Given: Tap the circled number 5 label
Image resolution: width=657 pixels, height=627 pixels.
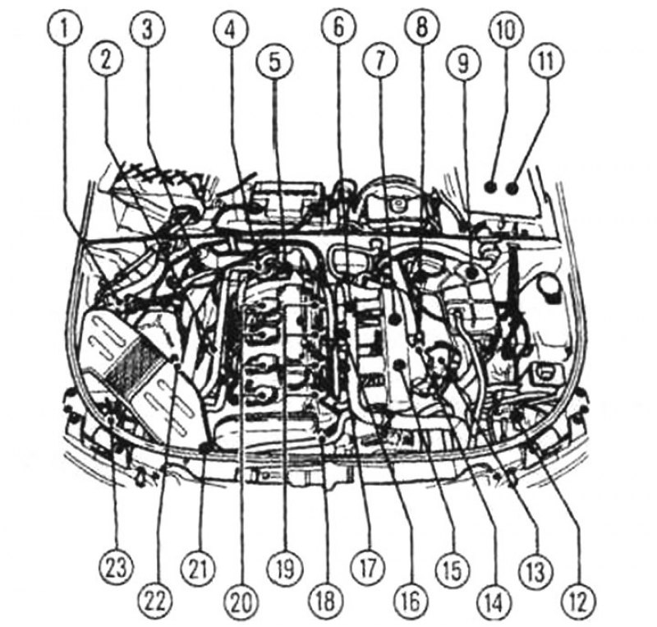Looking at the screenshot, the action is click(x=273, y=62).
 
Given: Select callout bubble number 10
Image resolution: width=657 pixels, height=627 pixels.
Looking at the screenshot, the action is click(x=506, y=30).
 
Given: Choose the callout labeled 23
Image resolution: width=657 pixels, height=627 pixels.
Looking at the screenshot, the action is click(x=116, y=569).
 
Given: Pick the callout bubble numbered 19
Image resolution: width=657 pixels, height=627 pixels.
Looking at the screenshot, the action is click(x=285, y=569).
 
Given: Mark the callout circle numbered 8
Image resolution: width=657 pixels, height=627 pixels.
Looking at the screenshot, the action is click(x=421, y=28).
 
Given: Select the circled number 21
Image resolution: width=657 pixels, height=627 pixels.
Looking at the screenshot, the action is click(x=198, y=569).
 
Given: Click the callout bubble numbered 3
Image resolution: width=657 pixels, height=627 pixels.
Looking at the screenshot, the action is click(x=147, y=30).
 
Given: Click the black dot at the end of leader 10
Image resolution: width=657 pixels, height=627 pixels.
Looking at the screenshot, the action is click(x=490, y=187).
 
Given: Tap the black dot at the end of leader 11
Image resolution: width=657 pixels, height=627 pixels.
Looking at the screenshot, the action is click(x=512, y=187).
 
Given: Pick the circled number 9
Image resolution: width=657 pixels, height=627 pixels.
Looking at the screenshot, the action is click(x=463, y=62).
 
